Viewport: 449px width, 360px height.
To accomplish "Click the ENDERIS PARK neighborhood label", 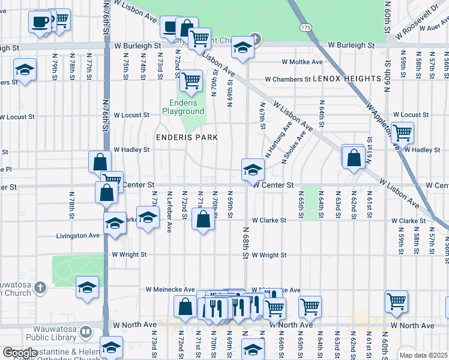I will point(187,137).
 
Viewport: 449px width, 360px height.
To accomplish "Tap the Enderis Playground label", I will point(183,107).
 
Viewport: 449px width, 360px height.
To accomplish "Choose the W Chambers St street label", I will point(288,79).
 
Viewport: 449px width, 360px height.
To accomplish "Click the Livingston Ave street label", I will point(78,236).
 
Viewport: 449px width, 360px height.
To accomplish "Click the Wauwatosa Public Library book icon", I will point(86,331).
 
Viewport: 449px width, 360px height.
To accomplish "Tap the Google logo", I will point(20,353).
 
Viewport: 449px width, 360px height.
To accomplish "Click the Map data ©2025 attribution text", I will point(424,355).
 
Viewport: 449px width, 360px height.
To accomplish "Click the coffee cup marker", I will point(40,22).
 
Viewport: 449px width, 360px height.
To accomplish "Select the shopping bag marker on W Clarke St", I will point(203,220).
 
